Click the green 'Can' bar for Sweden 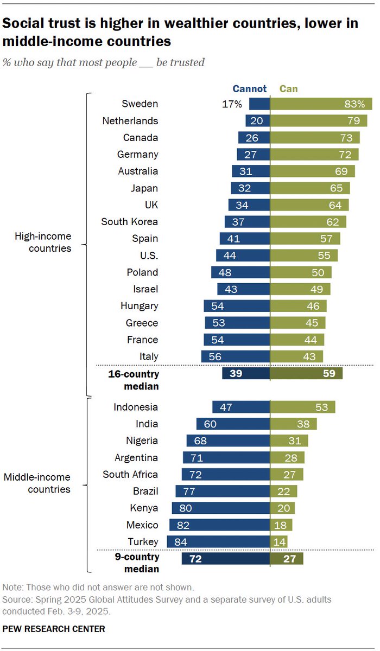tap(321, 104)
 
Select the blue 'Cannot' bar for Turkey tap(218, 542)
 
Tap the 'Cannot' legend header tap(250, 88)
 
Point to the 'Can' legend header tap(288, 88)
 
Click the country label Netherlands tap(130, 121)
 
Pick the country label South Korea tap(130, 222)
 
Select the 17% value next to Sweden tap(232, 104)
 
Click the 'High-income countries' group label tap(43, 242)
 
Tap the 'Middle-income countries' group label tap(37, 483)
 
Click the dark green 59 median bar tap(306, 373)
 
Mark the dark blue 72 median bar tap(225, 559)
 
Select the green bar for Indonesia tap(302, 407)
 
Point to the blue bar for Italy tap(235, 356)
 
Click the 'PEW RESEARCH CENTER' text tap(54, 629)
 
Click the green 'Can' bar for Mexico tap(281, 525)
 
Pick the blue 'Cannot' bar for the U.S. tap(243, 256)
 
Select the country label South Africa tap(130, 475)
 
